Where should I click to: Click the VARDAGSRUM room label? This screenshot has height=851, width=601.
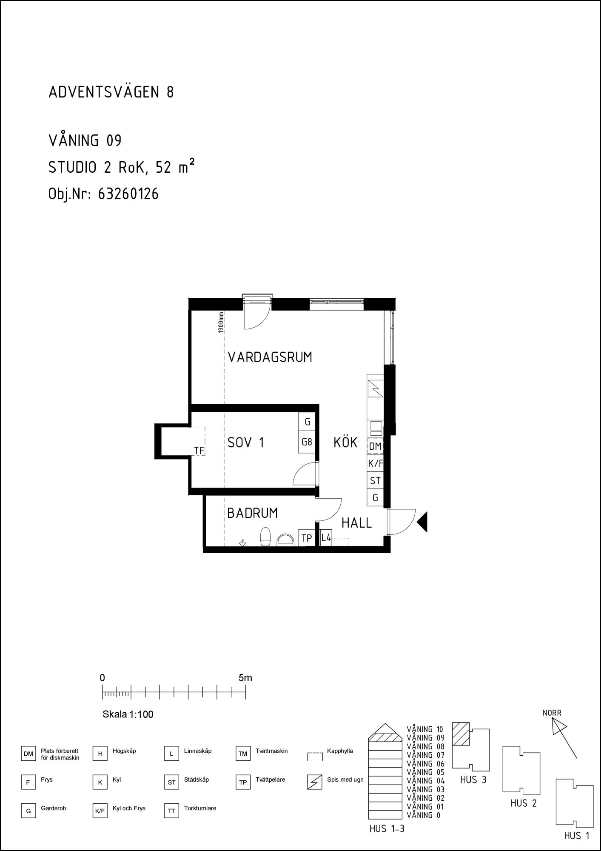270,357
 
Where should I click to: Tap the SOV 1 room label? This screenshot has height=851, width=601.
246,443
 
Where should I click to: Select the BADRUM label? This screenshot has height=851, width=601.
252,513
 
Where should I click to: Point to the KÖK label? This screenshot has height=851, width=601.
345,443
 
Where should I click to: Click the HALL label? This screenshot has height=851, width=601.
357,523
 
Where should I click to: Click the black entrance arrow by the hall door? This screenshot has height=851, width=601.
422,522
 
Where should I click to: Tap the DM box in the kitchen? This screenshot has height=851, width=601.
375,446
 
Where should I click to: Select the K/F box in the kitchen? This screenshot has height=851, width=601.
375,464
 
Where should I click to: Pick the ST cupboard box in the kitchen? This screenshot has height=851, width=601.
375,481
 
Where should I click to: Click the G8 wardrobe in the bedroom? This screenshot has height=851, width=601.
307,443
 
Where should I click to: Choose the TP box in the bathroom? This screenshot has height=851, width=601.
306,538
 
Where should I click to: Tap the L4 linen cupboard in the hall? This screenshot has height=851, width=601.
326,538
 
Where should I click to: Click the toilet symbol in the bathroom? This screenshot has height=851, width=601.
265,537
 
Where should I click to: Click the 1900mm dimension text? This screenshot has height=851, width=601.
221,323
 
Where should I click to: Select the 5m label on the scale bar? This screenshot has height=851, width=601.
245,678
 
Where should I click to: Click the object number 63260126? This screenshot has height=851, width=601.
128,194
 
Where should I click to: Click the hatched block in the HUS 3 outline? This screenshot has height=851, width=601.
461,734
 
